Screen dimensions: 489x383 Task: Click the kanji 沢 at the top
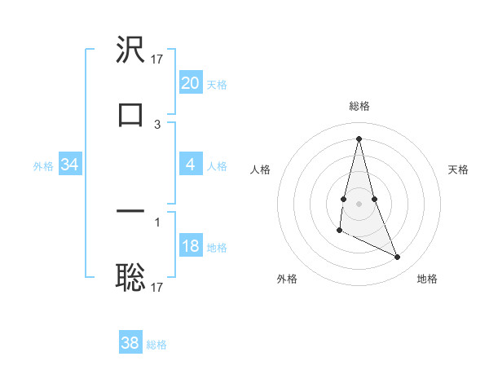coord(130,51)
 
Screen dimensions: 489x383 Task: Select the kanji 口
coord(130,115)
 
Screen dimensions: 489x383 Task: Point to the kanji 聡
coord(130,278)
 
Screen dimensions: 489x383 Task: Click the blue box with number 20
coord(190,83)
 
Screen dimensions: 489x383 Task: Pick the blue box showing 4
coord(190,165)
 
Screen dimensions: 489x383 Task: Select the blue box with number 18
coord(190,246)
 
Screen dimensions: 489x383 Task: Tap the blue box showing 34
coord(70,165)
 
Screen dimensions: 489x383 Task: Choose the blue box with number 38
coord(130,342)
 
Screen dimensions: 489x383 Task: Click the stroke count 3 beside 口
coord(157,125)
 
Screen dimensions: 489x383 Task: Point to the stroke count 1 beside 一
coord(157,221)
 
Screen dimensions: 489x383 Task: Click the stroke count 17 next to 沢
coord(157,59)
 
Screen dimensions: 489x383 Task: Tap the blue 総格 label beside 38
coord(156,344)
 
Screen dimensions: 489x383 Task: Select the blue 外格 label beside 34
coord(43,165)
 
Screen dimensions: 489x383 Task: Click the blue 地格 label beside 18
coord(217,248)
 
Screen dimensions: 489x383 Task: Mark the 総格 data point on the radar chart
coord(359,138)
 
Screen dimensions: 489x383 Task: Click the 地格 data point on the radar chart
coord(398,258)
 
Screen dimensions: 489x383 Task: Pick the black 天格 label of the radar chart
coord(459,169)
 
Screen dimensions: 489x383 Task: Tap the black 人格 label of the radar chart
coord(260,169)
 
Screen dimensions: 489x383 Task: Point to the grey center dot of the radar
coord(359,203)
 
